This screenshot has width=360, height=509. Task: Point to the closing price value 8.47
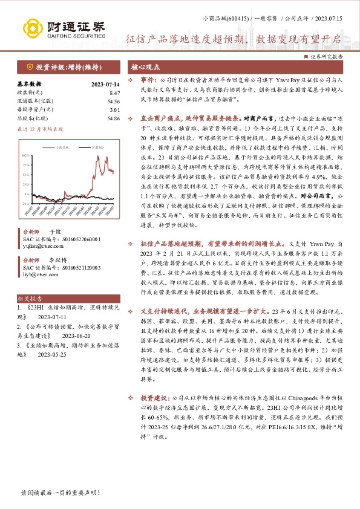[98, 94]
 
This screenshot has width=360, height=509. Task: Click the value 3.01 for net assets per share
[99, 111]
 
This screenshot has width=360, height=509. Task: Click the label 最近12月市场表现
[41, 129]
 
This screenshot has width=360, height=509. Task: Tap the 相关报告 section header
[30, 299]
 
